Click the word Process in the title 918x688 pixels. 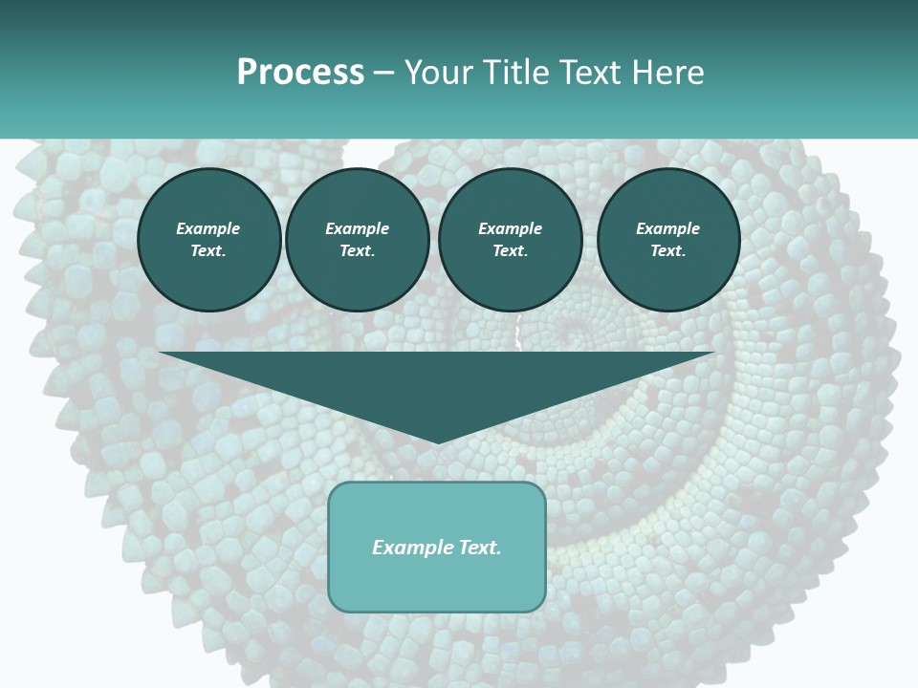(x=300, y=73)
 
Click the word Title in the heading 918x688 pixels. (x=514, y=73)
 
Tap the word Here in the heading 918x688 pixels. (x=666, y=73)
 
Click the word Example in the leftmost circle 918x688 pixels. (x=208, y=228)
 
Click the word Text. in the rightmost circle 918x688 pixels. (x=668, y=251)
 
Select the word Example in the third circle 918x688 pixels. (x=511, y=228)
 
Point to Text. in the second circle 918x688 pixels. (x=358, y=251)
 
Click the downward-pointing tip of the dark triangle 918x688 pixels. (x=438, y=441)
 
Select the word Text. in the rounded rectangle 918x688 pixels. (x=478, y=548)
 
